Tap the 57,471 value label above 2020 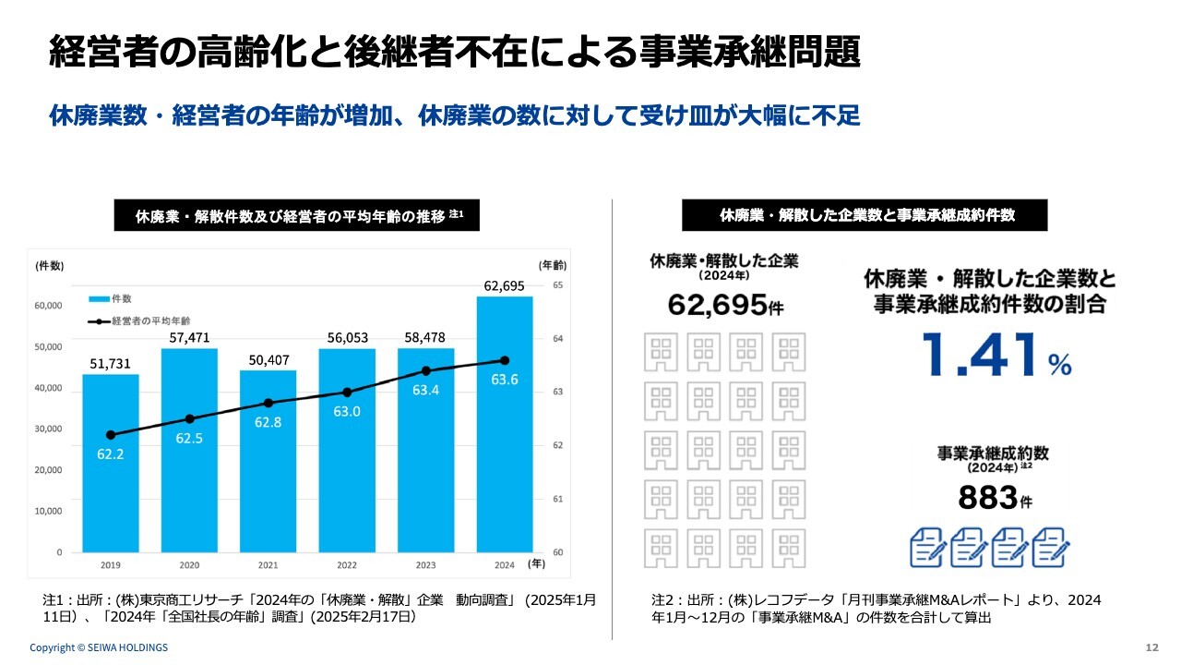[x=189, y=339]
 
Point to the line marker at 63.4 [x=425, y=370]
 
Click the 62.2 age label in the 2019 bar [x=111, y=453]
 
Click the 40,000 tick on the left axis [x=48, y=388]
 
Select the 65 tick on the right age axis [x=557, y=285]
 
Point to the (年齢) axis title [x=552, y=264]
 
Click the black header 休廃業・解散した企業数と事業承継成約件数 [x=865, y=215]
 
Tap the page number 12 [x=1151, y=647]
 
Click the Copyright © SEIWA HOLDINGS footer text [x=99, y=647]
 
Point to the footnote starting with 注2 [x=876, y=609]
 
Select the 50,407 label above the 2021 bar [x=268, y=361]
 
